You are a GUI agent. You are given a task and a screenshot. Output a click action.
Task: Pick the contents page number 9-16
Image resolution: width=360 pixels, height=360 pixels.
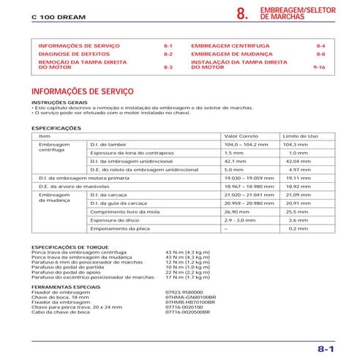pyautogui.click(x=318, y=67)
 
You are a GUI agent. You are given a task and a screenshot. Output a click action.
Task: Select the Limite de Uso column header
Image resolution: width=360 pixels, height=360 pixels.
pyautogui.click(x=300, y=136)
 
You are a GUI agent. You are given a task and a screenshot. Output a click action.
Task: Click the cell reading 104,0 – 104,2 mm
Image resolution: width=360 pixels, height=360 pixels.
pyautogui.click(x=245, y=145)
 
